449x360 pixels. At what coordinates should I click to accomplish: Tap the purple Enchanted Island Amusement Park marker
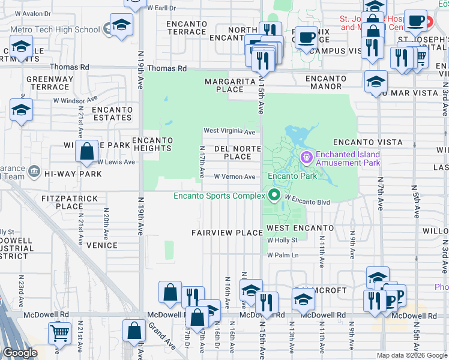point(307,158)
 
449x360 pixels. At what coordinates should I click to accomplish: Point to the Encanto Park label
point(292,176)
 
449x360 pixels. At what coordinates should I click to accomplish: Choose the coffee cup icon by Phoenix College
point(307,37)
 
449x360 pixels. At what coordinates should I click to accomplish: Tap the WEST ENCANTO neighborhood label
point(300,228)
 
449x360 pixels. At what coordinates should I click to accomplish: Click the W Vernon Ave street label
point(235,177)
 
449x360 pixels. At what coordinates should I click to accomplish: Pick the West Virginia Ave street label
point(229,131)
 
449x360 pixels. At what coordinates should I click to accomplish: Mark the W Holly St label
point(282,240)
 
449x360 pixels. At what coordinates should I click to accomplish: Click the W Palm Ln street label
point(283,255)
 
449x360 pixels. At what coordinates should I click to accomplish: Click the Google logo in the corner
point(20,353)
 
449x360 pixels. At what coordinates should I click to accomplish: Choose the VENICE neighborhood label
point(101,245)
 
